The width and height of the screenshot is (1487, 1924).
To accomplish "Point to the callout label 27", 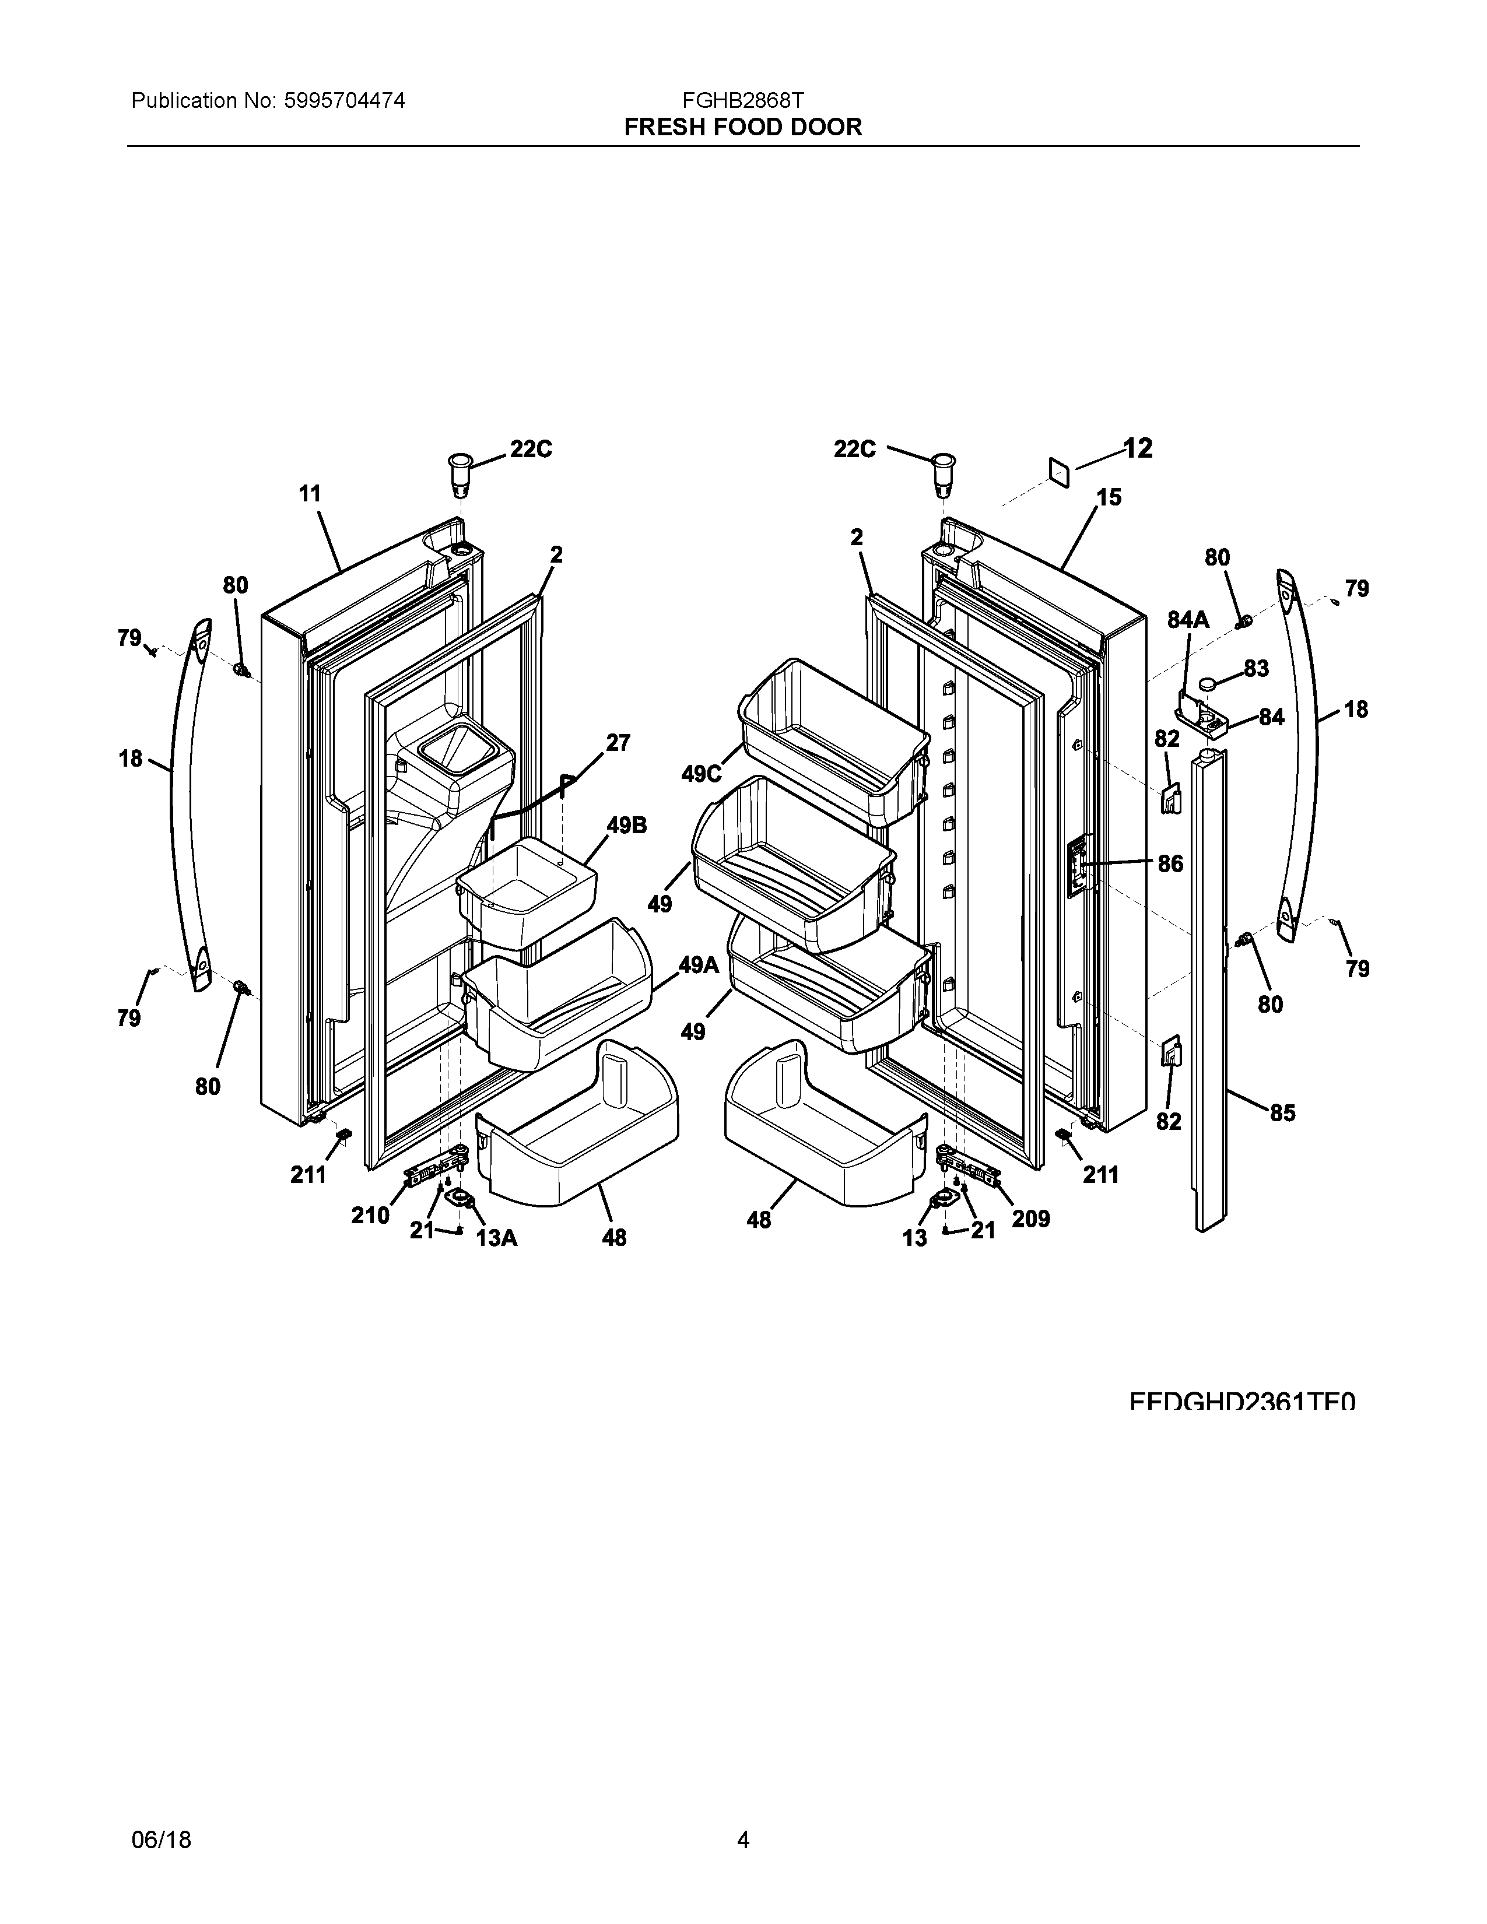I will coord(618,743).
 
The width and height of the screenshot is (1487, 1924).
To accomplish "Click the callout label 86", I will coord(1170,863).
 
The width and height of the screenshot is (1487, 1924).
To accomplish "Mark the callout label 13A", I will coord(496,1238).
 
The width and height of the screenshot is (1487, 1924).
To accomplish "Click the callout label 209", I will coord(1030,1219).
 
